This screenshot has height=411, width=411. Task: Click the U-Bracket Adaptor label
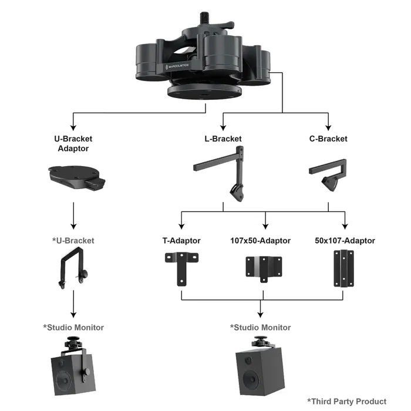tap(73, 144)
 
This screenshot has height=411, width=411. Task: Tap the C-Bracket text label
tap(328, 139)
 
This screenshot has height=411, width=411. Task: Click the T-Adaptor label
tap(181, 241)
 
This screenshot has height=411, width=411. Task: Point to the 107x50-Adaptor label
tap(260, 241)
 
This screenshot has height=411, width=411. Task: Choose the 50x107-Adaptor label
tap(345, 241)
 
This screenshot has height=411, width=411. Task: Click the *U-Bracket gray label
tap(73, 241)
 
